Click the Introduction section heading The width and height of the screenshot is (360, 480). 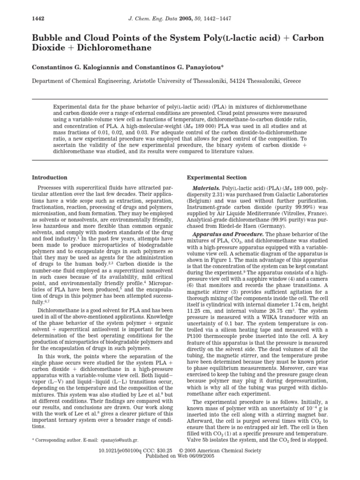coord(50,178)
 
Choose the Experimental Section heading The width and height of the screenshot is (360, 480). coord(217,178)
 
